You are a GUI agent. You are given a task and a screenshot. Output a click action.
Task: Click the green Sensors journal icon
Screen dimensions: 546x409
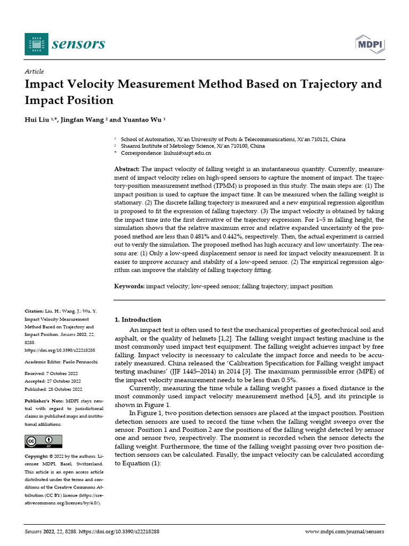(x=36, y=44)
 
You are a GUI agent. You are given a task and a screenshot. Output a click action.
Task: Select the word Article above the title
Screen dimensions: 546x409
(x=35, y=71)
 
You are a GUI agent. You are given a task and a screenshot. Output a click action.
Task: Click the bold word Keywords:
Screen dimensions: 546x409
(x=129, y=286)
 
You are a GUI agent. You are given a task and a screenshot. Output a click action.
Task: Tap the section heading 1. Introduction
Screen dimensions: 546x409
(x=138, y=319)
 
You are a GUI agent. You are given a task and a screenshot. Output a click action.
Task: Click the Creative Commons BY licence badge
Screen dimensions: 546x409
(x=44, y=441)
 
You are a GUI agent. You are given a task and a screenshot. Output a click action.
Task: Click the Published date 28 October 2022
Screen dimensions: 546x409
(x=63, y=389)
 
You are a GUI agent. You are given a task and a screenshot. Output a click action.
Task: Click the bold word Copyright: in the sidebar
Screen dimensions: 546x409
(x=36, y=456)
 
